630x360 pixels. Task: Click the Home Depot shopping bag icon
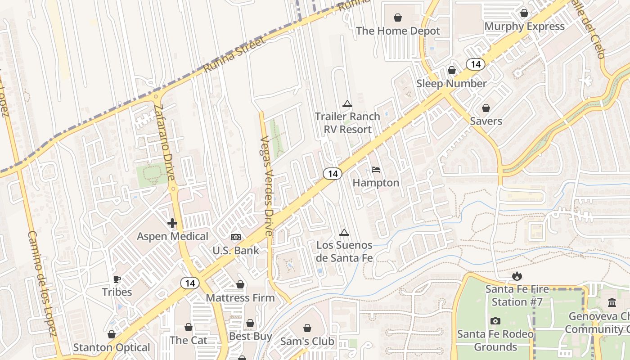(x=398, y=18)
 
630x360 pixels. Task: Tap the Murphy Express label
(x=524, y=27)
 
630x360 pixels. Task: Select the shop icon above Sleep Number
(x=452, y=70)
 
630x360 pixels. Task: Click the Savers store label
(x=486, y=121)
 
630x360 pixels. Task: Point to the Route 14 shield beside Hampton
(x=333, y=173)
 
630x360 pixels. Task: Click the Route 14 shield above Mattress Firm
(x=190, y=283)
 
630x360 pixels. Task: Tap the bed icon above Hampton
(x=376, y=170)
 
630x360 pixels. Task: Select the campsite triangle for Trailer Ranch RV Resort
(x=347, y=103)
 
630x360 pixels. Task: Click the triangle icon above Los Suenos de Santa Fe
(x=344, y=232)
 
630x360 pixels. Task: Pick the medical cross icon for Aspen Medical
(x=172, y=223)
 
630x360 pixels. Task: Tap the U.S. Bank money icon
(x=236, y=237)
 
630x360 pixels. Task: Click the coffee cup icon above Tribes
(x=117, y=279)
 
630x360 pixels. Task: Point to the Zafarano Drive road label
(x=164, y=142)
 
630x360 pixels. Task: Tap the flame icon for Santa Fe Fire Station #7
(x=517, y=275)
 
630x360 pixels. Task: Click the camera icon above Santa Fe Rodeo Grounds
(x=495, y=321)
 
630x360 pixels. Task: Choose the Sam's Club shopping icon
(x=307, y=328)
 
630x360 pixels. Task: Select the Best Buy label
(x=251, y=336)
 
